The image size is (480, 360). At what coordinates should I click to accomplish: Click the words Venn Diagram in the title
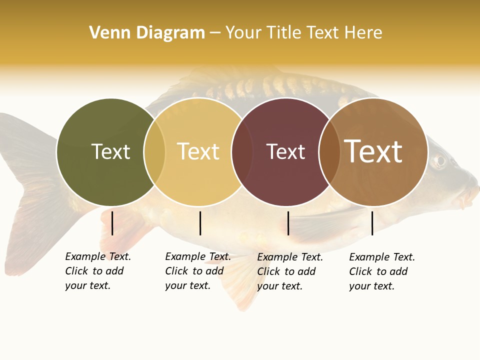147,33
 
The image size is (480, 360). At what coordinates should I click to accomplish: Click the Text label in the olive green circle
110,151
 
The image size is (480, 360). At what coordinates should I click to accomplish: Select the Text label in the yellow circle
198,151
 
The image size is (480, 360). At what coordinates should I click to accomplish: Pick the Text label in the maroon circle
285,151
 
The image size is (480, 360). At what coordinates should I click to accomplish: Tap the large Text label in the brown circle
373,151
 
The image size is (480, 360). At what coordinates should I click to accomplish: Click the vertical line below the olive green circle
112,223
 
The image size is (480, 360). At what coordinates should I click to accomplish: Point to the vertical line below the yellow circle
200,223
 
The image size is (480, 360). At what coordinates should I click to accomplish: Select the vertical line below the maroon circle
288,223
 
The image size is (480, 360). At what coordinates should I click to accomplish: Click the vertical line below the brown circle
372,223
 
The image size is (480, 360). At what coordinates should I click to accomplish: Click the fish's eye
439,160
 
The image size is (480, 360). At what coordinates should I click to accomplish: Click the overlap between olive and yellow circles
154,152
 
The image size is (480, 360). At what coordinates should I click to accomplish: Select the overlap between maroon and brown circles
329,152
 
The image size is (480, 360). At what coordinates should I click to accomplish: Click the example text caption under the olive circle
97,271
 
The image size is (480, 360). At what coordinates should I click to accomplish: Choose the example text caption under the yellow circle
197,271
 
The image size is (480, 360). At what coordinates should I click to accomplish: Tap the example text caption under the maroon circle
289,271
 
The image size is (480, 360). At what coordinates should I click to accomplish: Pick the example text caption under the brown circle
381,271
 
